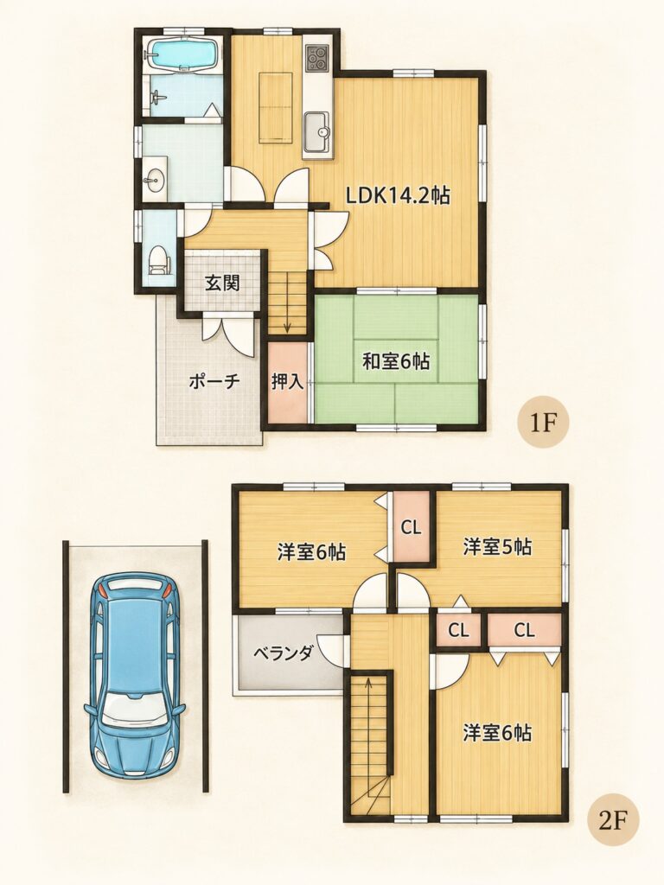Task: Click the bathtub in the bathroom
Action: point(182,54)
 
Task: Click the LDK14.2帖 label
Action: point(398,196)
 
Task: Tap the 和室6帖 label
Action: point(396,360)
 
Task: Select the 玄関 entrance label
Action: point(222,283)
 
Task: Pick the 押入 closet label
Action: point(288,382)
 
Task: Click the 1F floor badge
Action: point(543,423)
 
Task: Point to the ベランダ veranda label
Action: point(283,654)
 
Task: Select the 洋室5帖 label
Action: point(497,546)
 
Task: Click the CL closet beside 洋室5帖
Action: point(411,527)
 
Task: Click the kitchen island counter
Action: point(276,106)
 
